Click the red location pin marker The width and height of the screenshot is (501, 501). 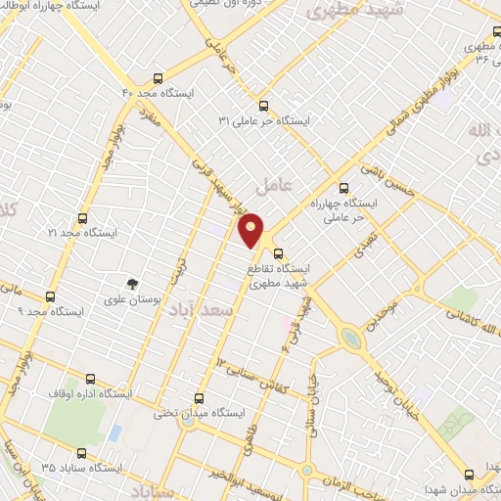tap(251, 231)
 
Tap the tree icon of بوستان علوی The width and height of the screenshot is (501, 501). tap(134, 283)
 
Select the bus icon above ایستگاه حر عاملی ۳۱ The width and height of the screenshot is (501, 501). tap(262, 106)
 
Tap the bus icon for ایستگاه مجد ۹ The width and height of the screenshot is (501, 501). tap(52, 296)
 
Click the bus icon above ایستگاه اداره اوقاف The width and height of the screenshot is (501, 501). tap(91, 379)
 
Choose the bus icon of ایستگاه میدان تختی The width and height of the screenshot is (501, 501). tap(200, 398)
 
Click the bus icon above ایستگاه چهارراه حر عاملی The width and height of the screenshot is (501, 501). tap(342, 188)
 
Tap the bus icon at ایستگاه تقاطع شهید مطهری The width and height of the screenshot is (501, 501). tap(279, 251)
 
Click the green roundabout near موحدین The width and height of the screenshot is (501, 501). tap(350, 338)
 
